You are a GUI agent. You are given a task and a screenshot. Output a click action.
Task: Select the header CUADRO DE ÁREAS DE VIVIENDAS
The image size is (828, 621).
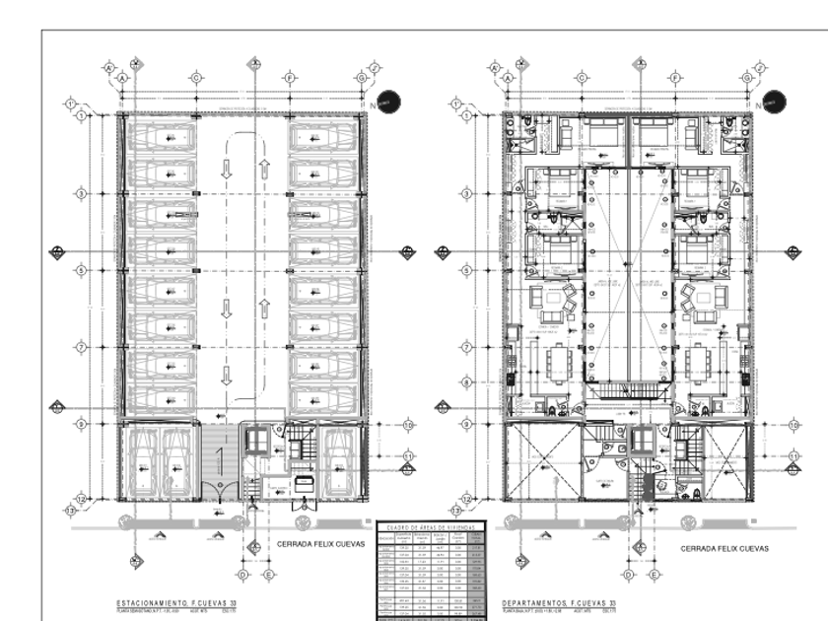[432, 528]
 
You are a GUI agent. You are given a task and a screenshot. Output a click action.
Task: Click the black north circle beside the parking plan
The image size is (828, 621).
[386, 101]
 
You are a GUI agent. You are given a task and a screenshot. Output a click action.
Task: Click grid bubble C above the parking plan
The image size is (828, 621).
[196, 77]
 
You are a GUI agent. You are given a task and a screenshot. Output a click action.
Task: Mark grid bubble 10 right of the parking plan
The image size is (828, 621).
[408, 425]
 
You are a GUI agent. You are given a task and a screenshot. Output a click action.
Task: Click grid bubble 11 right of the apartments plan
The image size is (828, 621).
[793, 454]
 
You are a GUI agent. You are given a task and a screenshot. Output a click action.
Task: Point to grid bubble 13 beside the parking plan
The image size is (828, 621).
[70, 512]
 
